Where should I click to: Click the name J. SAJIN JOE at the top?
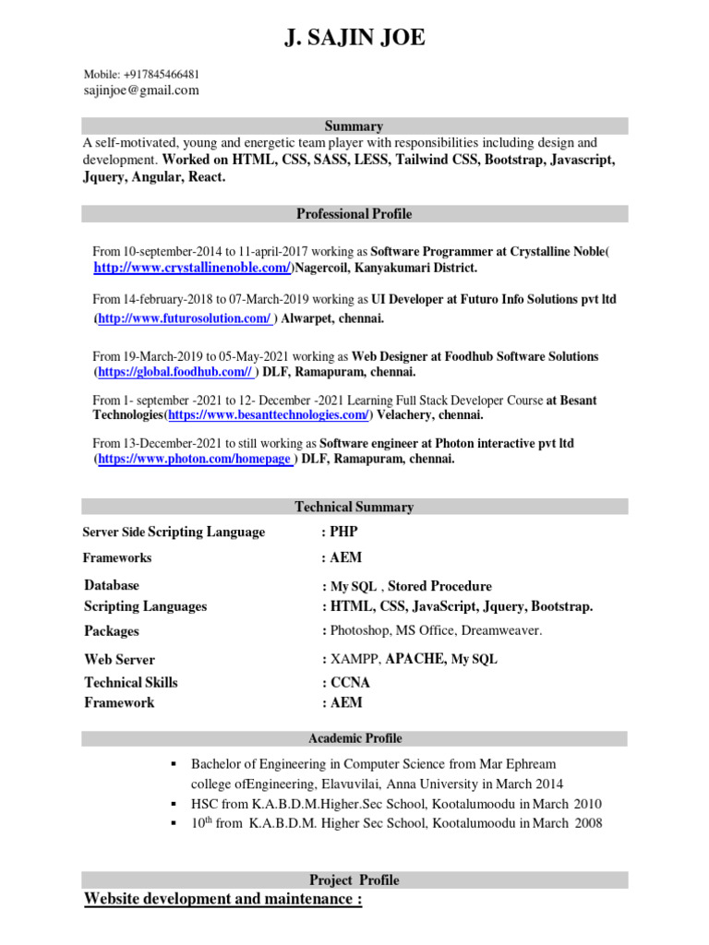(x=354, y=38)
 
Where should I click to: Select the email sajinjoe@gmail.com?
(x=140, y=90)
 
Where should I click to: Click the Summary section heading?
(x=354, y=126)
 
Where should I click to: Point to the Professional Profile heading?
(x=354, y=214)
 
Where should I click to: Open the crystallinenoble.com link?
(x=192, y=268)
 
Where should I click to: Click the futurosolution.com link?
(x=185, y=318)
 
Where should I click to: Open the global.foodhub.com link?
(x=174, y=372)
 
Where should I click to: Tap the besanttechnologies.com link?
(x=267, y=415)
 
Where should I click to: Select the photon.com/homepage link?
(x=196, y=459)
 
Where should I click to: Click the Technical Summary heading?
(x=354, y=507)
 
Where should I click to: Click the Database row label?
(x=112, y=585)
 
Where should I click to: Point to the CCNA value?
(x=350, y=683)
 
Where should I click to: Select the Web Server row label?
(x=119, y=660)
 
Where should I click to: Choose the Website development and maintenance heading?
(x=222, y=899)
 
